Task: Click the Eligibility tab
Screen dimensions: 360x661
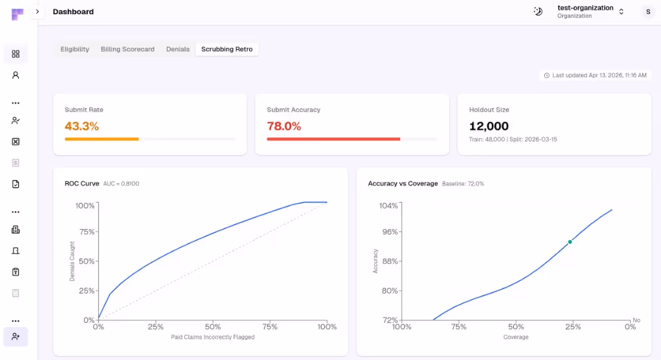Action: tap(75, 49)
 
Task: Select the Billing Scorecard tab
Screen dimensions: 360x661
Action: tap(127, 49)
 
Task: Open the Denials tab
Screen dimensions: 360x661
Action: tap(178, 49)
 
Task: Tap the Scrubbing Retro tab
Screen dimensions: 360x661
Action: tap(227, 49)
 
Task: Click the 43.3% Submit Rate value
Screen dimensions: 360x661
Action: tap(82, 126)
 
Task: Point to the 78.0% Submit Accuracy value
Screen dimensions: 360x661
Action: tap(284, 126)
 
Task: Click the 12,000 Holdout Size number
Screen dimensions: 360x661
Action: tap(489, 126)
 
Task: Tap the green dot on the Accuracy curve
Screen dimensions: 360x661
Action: tap(570, 242)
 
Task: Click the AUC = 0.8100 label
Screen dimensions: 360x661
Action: tap(121, 184)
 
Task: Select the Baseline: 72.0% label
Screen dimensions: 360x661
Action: tap(463, 184)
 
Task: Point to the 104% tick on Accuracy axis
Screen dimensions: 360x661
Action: tap(389, 205)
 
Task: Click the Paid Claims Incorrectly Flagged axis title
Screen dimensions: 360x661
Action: tap(212, 337)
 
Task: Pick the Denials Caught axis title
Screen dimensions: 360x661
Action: tap(72, 261)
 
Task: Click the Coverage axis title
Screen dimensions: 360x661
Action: tap(516, 337)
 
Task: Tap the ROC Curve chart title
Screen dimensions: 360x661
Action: tap(82, 184)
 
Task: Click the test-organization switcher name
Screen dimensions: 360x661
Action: tap(585, 8)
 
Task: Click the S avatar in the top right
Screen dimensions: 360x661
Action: tap(647, 12)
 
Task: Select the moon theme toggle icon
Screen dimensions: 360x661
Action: tap(538, 12)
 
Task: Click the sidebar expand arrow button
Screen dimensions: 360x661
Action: tap(37, 12)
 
